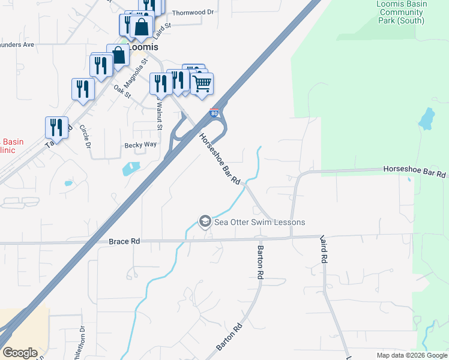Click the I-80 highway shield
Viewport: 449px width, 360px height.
click(x=214, y=112)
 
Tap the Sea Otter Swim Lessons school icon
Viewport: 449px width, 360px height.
click(x=205, y=222)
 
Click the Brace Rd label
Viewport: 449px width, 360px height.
click(x=124, y=241)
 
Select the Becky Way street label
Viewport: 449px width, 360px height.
click(x=140, y=145)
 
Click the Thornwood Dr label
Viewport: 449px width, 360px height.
click(x=193, y=12)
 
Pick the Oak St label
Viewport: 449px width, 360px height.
click(x=122, y=91)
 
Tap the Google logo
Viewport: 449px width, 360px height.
click(x=20, y=352)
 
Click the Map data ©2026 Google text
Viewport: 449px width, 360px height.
click(x=412, y=355)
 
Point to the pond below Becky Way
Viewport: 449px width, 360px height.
click(x=131, y=168)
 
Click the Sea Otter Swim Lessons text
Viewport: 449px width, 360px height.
click(x=259, y=222)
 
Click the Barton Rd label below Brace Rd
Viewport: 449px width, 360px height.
click(x=261, y=262)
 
